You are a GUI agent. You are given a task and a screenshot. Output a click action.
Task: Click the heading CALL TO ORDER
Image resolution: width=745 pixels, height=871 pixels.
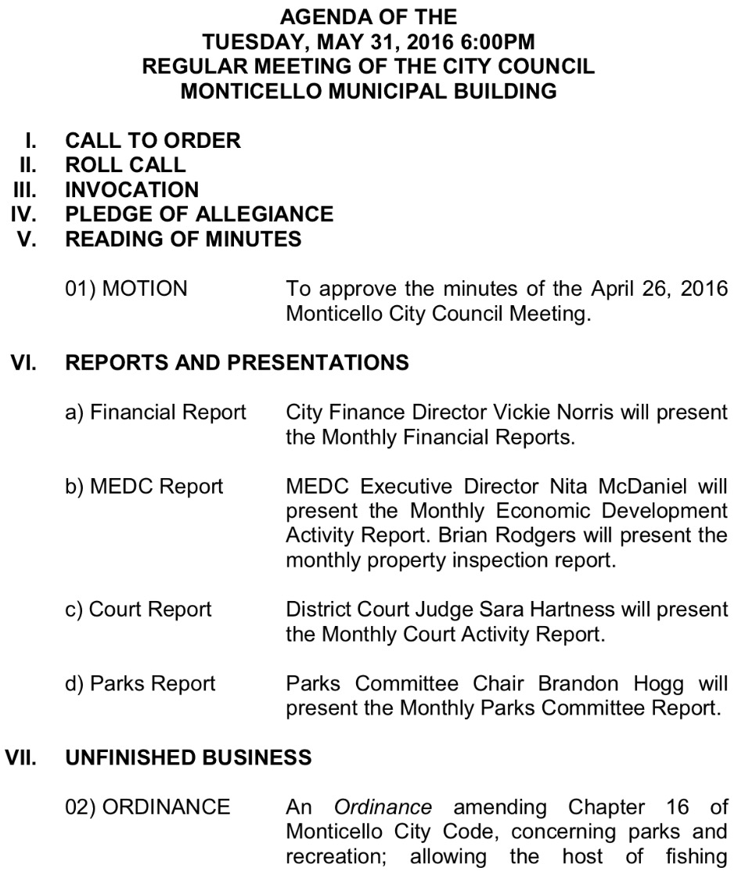153,141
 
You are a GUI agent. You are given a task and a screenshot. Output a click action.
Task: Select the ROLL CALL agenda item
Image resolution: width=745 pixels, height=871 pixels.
125,165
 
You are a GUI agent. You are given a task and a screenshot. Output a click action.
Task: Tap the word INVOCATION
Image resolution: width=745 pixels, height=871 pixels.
131,189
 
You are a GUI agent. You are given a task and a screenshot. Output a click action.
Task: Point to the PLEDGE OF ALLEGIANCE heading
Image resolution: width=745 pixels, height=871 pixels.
199,214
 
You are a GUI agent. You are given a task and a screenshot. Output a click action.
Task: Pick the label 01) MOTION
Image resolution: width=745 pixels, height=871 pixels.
126,290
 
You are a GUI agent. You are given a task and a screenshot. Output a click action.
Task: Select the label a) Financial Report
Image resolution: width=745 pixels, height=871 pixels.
155,412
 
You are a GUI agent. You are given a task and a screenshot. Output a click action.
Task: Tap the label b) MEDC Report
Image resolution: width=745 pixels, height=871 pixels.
144,487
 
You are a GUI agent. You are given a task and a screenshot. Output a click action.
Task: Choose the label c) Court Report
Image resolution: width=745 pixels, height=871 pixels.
139,610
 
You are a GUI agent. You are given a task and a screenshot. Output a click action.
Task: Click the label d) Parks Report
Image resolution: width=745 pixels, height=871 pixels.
140,683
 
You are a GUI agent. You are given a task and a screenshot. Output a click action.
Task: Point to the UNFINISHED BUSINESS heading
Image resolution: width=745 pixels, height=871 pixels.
192,758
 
